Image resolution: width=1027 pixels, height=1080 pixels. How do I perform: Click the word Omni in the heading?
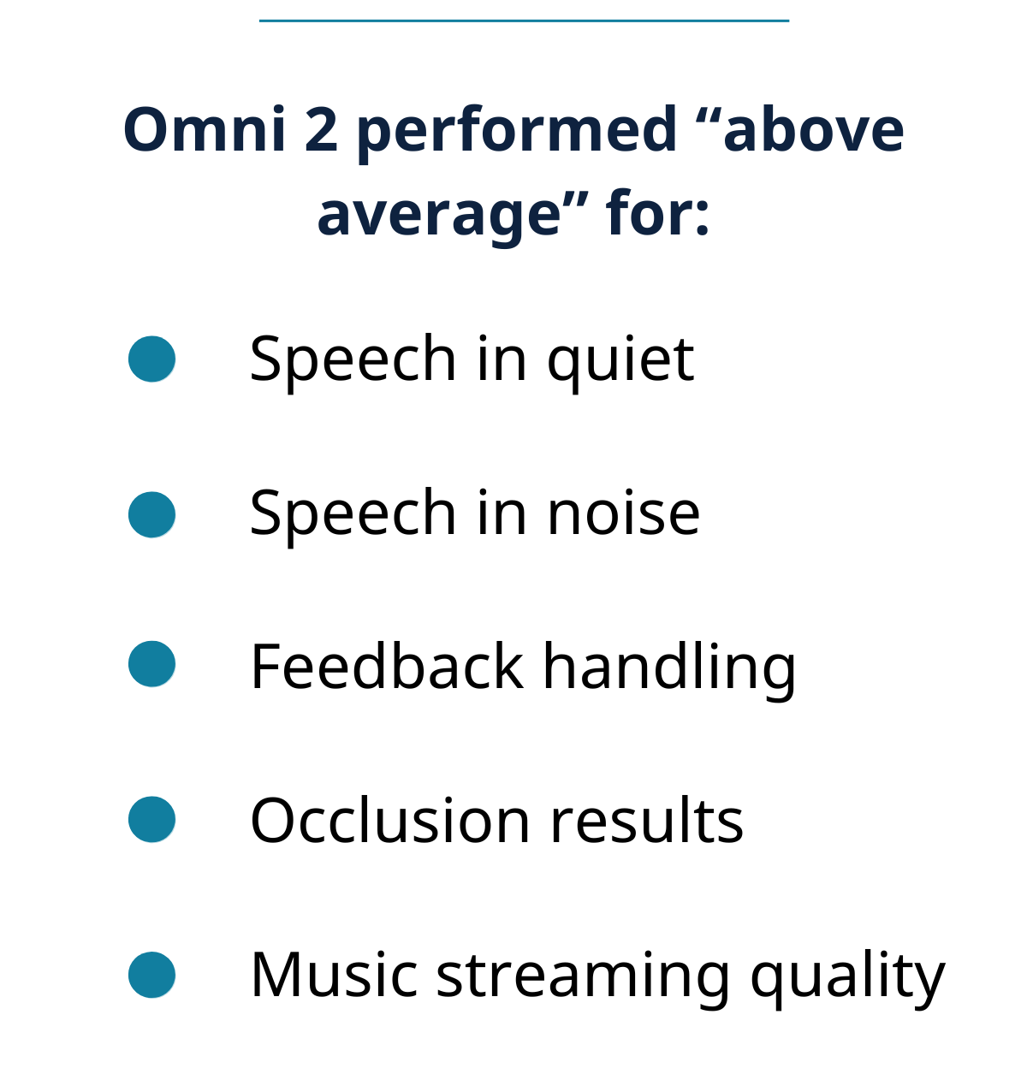205,129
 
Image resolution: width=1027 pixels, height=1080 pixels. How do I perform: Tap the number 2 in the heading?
321,129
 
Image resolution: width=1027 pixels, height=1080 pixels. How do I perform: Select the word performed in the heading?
517,134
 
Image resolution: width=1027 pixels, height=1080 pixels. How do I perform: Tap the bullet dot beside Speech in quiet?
151,359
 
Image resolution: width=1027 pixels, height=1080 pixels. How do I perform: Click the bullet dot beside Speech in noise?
151,514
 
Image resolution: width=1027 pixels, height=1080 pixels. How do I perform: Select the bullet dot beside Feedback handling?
151,663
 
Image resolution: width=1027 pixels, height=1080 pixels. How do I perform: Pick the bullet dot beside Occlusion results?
151,819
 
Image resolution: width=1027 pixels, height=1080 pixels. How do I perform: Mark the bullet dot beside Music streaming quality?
151,975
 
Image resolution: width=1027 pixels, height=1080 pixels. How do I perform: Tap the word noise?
624,512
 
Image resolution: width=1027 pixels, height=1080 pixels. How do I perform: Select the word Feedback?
387,665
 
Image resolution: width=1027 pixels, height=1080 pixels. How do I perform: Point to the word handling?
670,670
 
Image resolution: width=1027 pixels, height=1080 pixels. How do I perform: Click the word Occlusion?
390,820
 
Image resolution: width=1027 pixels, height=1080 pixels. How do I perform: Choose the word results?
647,820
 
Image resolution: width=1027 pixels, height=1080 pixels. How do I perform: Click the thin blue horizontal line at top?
524,21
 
